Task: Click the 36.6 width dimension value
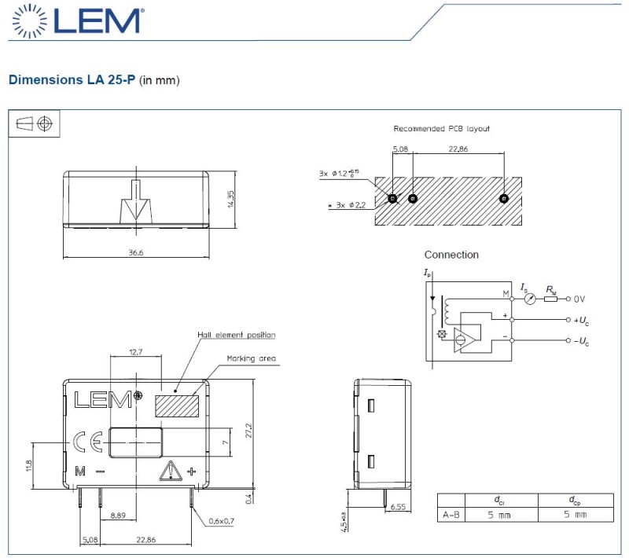(x=135, y=251)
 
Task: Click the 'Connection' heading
(x=451, y=255)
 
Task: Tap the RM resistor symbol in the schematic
(x=550, y=299)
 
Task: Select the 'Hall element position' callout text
(x=237, y=335)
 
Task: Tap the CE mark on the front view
(x=86, y=442)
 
